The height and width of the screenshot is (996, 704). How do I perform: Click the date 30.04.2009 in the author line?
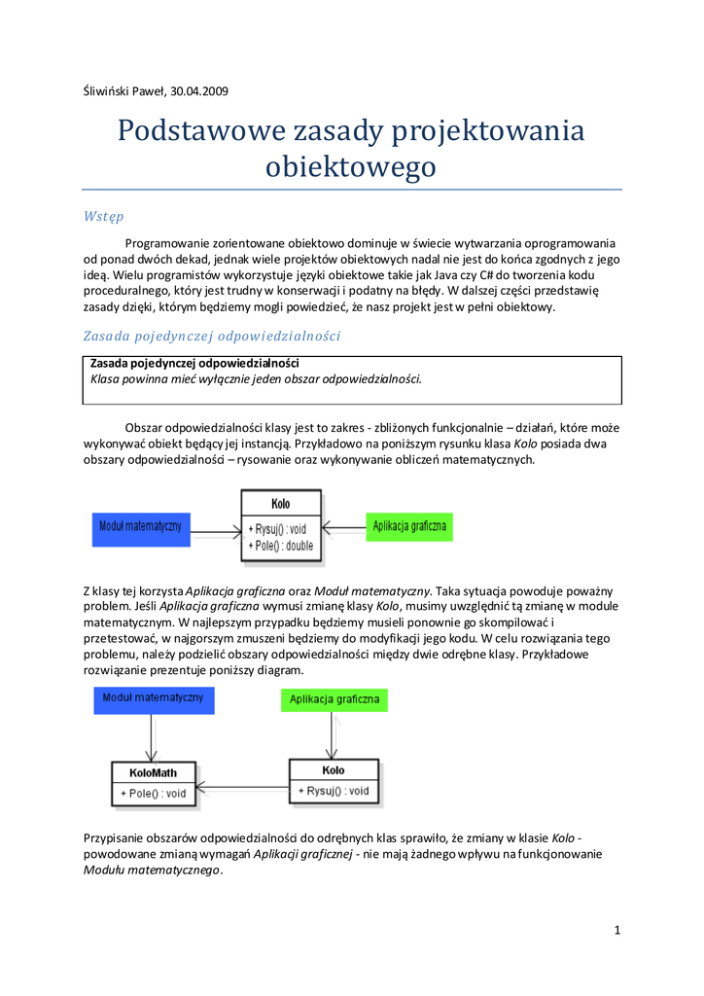click(199, 92)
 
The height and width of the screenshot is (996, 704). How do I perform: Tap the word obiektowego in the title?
click(351, 166)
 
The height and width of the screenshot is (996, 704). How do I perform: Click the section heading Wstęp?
click(103, 215)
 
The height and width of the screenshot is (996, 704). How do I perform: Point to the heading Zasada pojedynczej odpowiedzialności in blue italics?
click(211, 336)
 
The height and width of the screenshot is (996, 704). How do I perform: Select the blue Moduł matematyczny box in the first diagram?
click(140, 526)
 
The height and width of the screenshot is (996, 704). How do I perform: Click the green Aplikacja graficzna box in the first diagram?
click(408, 526)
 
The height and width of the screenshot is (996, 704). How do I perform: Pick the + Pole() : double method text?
click(281, 546)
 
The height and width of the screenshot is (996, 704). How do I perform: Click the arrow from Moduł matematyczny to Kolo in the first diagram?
click(215, 532)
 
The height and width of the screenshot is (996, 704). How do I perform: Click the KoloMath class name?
click(153, 773)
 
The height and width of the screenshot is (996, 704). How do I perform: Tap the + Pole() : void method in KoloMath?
click(153, 794)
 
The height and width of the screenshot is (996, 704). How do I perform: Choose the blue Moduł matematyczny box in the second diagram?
click(154, 698)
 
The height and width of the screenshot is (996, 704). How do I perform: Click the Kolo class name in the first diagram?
click(281, 504)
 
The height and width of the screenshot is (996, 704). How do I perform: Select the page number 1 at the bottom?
click(616, 931)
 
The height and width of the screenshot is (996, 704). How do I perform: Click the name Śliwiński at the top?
click(108, 92)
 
